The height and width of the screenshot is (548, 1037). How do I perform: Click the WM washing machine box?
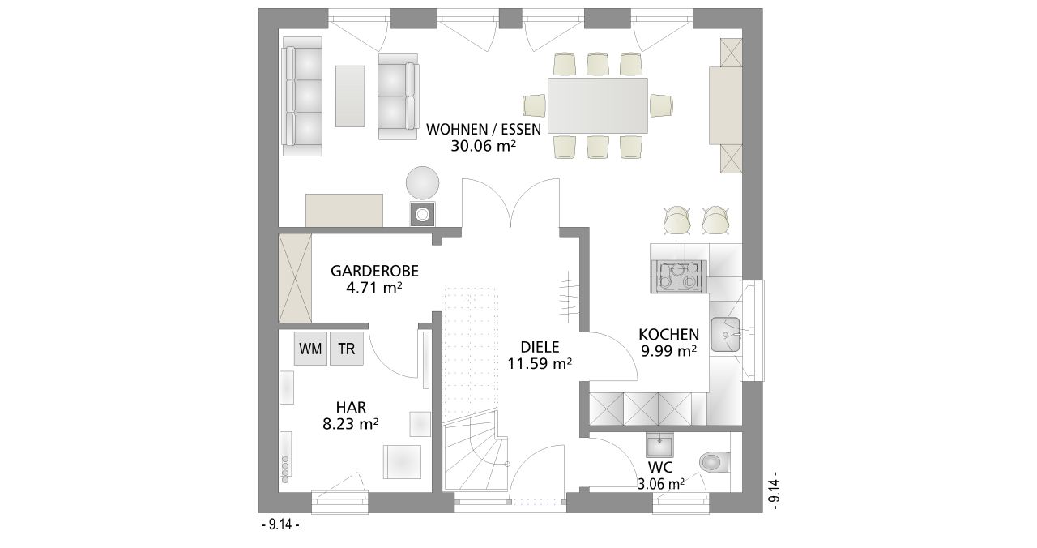(x=310, y=349)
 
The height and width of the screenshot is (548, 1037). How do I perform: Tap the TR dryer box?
(x=346, y=349)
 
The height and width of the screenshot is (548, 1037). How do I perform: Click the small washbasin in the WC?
(x=659, y=446)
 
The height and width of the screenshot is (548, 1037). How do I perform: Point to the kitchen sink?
(x=725, y=335)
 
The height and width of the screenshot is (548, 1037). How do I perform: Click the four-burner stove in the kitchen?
(x=679, y=276)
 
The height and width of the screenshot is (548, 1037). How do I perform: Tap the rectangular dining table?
(x=598, y=105)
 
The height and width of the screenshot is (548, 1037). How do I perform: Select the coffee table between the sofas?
(x=350, y=96)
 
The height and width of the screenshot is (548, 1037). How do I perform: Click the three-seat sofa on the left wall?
(x=302, y=96)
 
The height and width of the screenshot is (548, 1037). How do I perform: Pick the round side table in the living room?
(x=422, y=183)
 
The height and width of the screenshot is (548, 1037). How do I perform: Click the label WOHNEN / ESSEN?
(x=484, y=129)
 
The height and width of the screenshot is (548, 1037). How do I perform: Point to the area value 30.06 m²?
(x=484, y=146)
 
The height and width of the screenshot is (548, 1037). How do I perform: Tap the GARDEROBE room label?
(x=374, y=271)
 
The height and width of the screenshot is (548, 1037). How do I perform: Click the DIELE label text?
(x=540, y=347)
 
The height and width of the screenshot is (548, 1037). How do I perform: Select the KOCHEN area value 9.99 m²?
(x=668, y=351)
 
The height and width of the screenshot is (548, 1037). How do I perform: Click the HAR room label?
(x=351, y=407)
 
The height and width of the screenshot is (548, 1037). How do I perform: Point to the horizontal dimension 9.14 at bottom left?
(x=281, y=524)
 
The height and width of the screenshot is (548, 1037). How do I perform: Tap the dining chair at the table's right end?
(x=660, y=105)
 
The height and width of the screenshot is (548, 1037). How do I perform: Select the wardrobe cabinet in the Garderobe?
(x=295, y=277)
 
